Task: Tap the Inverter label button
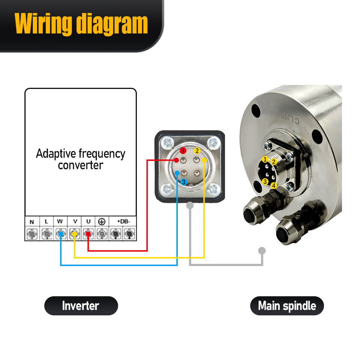(81, 306)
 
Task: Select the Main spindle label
(287, 306)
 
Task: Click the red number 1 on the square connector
(183, 151)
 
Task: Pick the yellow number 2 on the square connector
(197, 151)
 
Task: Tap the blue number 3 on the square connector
(183, 182)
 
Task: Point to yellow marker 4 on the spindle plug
(274, 185)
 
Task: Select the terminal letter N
(32, 221)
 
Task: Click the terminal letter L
(46, 221)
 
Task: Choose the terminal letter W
(60, 221)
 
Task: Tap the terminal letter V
(75, 221)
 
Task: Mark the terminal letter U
(88, 221)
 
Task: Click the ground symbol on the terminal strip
(101, 221)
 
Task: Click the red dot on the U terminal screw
(88, 234)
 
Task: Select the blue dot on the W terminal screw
(61, 234)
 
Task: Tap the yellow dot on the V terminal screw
(75, 234)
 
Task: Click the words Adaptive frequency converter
(80, 159)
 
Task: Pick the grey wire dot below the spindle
(262, 250)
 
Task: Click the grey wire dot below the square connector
(190, 205)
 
